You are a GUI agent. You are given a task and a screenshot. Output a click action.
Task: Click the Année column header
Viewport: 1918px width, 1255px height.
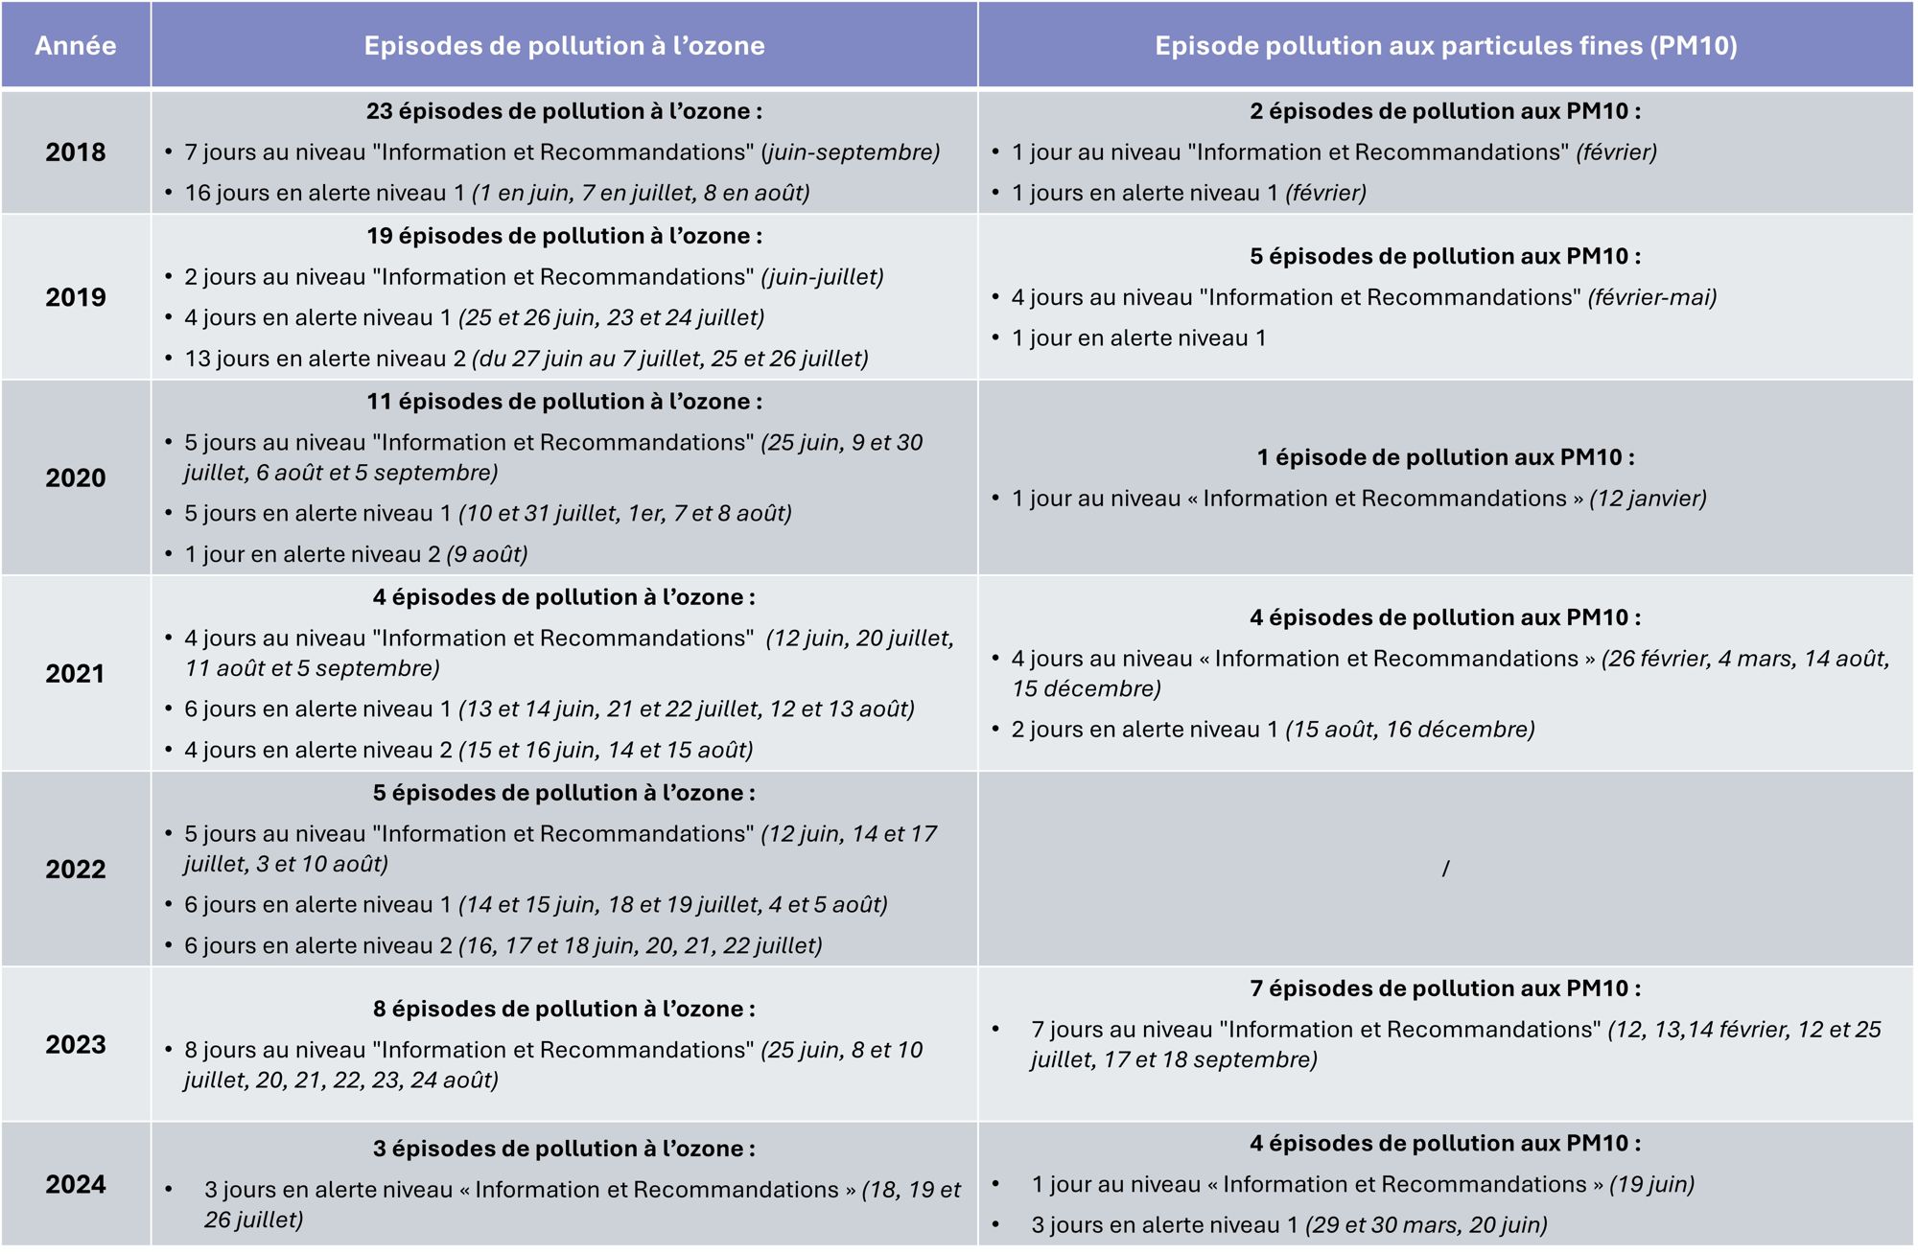click(x=75, y=46)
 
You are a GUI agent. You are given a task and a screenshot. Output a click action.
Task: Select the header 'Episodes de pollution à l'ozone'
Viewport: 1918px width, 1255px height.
click(x=564, y=46)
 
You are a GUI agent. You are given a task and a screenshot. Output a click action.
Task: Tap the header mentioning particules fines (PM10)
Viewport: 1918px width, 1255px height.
click(x=1445, y=46)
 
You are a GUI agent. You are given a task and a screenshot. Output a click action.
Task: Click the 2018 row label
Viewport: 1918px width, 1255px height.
click(x=75, y=151)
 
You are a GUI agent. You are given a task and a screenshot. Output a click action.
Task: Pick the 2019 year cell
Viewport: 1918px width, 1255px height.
click(x=75, y=297)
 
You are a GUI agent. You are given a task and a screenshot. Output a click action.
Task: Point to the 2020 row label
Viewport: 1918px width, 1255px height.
click(x=75, y=477)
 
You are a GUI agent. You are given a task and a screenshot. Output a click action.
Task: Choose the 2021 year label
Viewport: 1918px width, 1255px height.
click(x=75, y=673)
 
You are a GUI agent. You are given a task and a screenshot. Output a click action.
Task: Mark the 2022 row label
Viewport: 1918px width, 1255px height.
click(x=75, y=869)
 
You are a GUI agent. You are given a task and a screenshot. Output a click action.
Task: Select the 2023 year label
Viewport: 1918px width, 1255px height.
click(x=75, y=1044)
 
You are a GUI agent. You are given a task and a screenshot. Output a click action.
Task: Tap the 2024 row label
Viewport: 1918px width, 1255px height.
click(x=75, y=1184)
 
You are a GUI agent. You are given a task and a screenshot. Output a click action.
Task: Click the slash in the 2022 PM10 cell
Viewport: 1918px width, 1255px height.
click(x=1445, y=869)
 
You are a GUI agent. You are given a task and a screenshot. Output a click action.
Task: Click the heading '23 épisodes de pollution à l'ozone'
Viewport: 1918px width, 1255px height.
click(x=564, y=111)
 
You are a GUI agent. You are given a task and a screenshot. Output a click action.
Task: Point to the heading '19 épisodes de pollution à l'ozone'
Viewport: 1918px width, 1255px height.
click(x=564, y=236)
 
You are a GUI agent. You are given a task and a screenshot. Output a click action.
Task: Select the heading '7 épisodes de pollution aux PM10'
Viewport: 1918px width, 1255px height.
click(x=1445, y=988)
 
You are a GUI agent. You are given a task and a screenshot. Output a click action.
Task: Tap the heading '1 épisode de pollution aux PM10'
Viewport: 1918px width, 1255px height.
click(x=1445, y=457)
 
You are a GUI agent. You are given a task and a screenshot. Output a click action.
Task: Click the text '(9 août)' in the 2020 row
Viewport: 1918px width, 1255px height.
click(x=487, y=554)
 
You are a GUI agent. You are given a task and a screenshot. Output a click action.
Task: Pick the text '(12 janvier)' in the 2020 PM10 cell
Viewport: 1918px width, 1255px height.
click(x=1648, y=499)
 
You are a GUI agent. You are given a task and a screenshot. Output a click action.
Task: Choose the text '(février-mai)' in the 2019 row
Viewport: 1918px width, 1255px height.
click(x=1651, y=297)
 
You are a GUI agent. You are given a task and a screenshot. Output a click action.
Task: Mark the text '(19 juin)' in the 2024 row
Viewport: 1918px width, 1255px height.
click(x=1651, y=1184)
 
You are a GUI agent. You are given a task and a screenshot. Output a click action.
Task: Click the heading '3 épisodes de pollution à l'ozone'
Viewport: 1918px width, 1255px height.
click(x=564, y=1149)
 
